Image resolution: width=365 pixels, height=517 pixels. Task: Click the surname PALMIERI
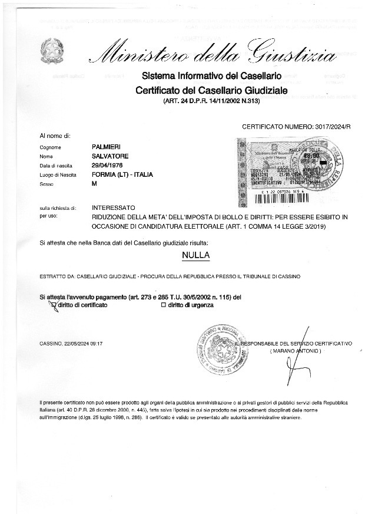coord(107,146)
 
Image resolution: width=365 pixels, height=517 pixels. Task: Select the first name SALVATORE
coord(110,156)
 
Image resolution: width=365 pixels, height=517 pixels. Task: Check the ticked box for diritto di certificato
coord(54,305)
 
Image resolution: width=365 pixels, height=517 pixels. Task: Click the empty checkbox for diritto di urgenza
coord(163,305)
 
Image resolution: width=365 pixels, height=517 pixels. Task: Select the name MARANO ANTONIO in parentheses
coord(296,351)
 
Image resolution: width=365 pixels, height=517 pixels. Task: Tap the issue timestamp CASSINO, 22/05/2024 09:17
coord(71,343)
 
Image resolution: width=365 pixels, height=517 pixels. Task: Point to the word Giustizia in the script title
coord(292,54)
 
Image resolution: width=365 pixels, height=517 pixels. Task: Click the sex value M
coord(95,185)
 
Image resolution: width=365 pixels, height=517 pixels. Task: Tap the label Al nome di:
coord(55,136)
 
